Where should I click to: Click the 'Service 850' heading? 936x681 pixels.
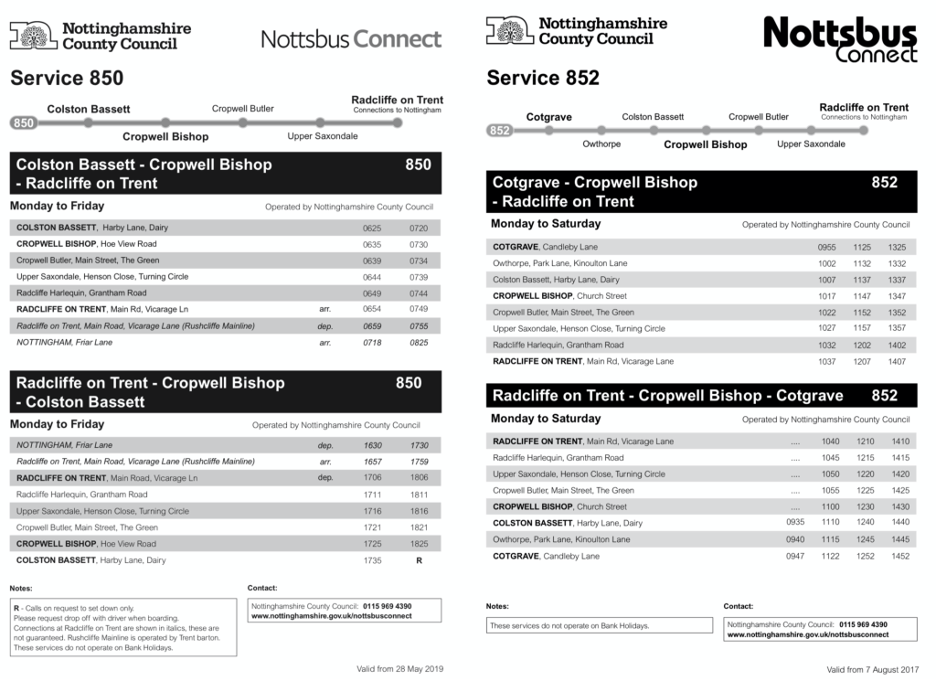pyautogui.click(x=67, y=79)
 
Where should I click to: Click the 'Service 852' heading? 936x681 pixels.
pyautogui.click(x=543, y=79)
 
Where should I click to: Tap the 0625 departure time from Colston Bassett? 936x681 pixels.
pyautogui.click(x=372, y=228)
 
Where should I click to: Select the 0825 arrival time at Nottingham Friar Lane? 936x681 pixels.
pyautogui.click(x=419, y=343)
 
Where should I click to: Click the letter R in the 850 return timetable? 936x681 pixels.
pyautogui.click(x=419, y=560)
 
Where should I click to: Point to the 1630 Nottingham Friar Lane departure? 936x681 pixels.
pyautogui.click(x=372, y=445)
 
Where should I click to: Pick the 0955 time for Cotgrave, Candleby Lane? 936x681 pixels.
pyautogui.click(x=826, y=247)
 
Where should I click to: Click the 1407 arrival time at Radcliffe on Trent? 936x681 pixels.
pyautogui.click(x=897, y=361)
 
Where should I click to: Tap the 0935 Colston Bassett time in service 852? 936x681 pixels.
pyautogui.click(x=795, y=523)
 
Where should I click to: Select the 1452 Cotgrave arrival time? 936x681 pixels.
pyautogui.click(x=900, y=556)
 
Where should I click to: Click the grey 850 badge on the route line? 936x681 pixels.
pyautogui.click(x=24, y=122)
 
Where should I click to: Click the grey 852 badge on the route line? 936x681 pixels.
pyautogui.click(x=499, y=131)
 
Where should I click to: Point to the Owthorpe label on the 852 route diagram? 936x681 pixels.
pyautogui.click(x=601, y=144)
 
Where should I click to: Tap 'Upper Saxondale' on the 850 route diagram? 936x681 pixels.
pyautogui.click(x=323, y=136)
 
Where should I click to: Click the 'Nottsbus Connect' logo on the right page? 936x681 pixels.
pyautogui.click(x=840, y=41)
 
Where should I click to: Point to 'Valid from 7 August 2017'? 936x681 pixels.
pyautogui.click(x=871, y=670)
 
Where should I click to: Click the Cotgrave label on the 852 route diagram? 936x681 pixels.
pyautogui.click(x=549, y=117)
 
